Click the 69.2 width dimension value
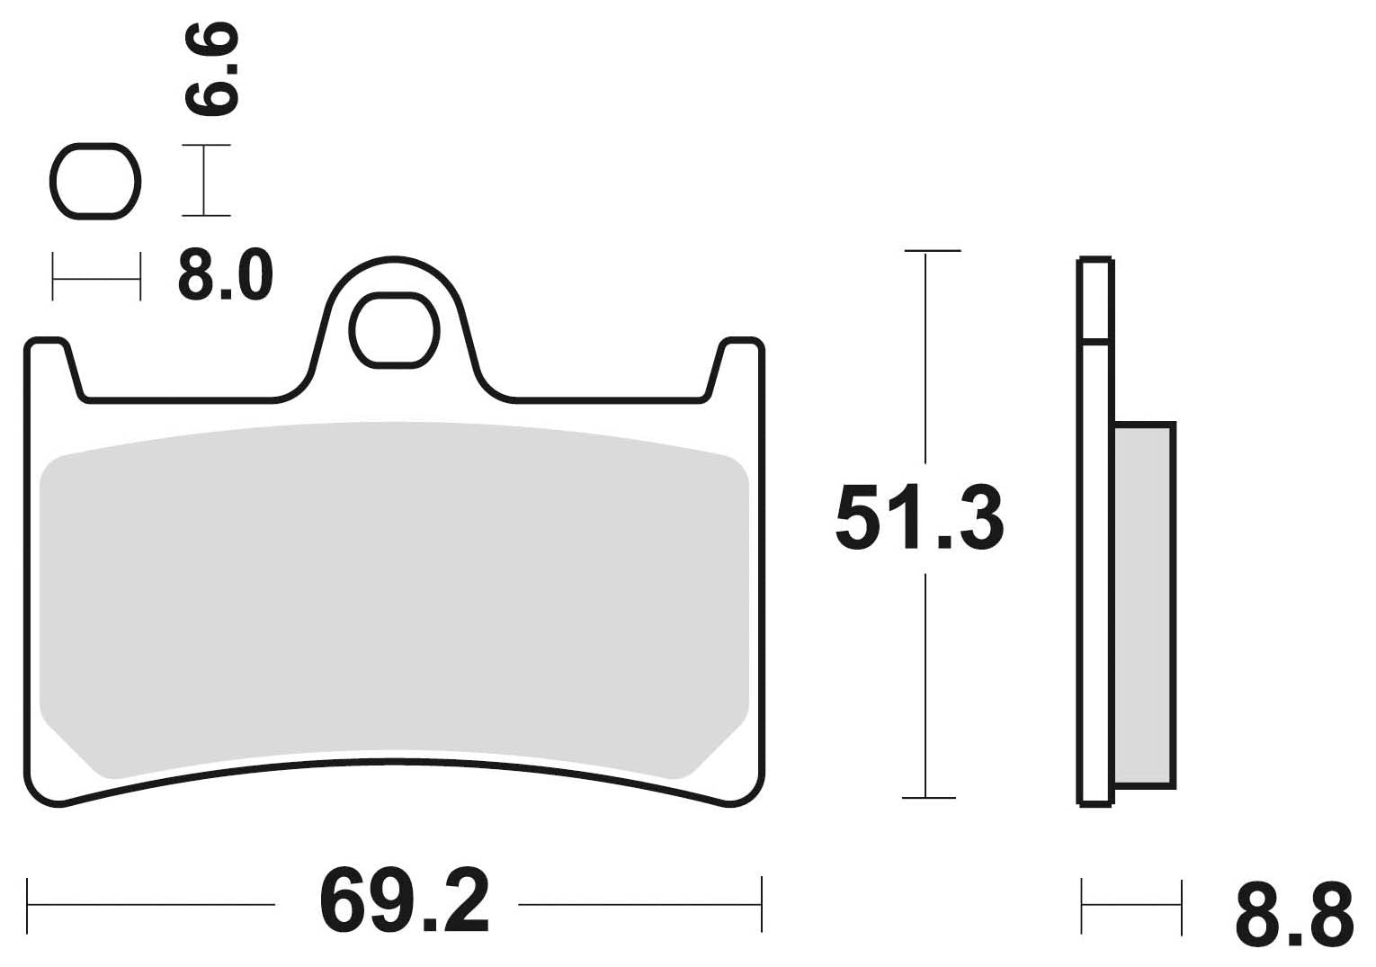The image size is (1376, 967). pyautogui.click(x=404, y=901)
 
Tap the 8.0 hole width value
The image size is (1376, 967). pyautogui.click(x=225, y=274)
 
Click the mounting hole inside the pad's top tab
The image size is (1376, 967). pyautogui.click(x=395, y=330)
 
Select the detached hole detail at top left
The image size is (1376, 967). pyautogui.click(x=94, y=181)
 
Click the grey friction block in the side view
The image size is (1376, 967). pyautogui.click(x=1143, y=604)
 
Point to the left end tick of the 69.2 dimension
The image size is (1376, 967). pyautogui.click(x=28, y=904)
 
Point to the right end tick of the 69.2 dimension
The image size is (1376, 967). pyautogui.click(x=762, y=904)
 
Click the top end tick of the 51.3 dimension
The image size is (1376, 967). pyautogui.click(x=931, y=250)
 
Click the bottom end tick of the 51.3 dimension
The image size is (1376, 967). pyautogui.click(x=928, y=797)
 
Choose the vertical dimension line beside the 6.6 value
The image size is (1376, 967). pyautogui.click(x=205, y=180)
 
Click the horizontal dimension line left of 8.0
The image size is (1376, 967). pyautogui.click(x=96, y=278)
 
